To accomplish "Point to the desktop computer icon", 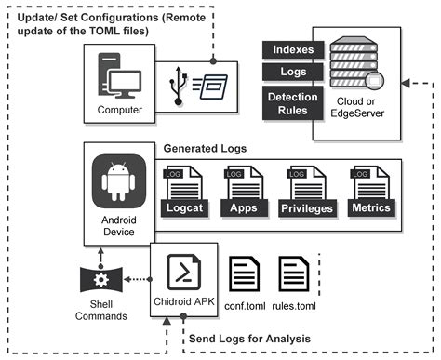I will [x=118, y=78].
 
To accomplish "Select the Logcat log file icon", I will [x=182, y=191].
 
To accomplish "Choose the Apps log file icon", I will [x=243, y=191].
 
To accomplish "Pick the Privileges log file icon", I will [x=305, y=191].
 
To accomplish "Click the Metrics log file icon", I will [x=369, y=191].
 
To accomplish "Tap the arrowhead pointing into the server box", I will [x=408, y=83].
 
